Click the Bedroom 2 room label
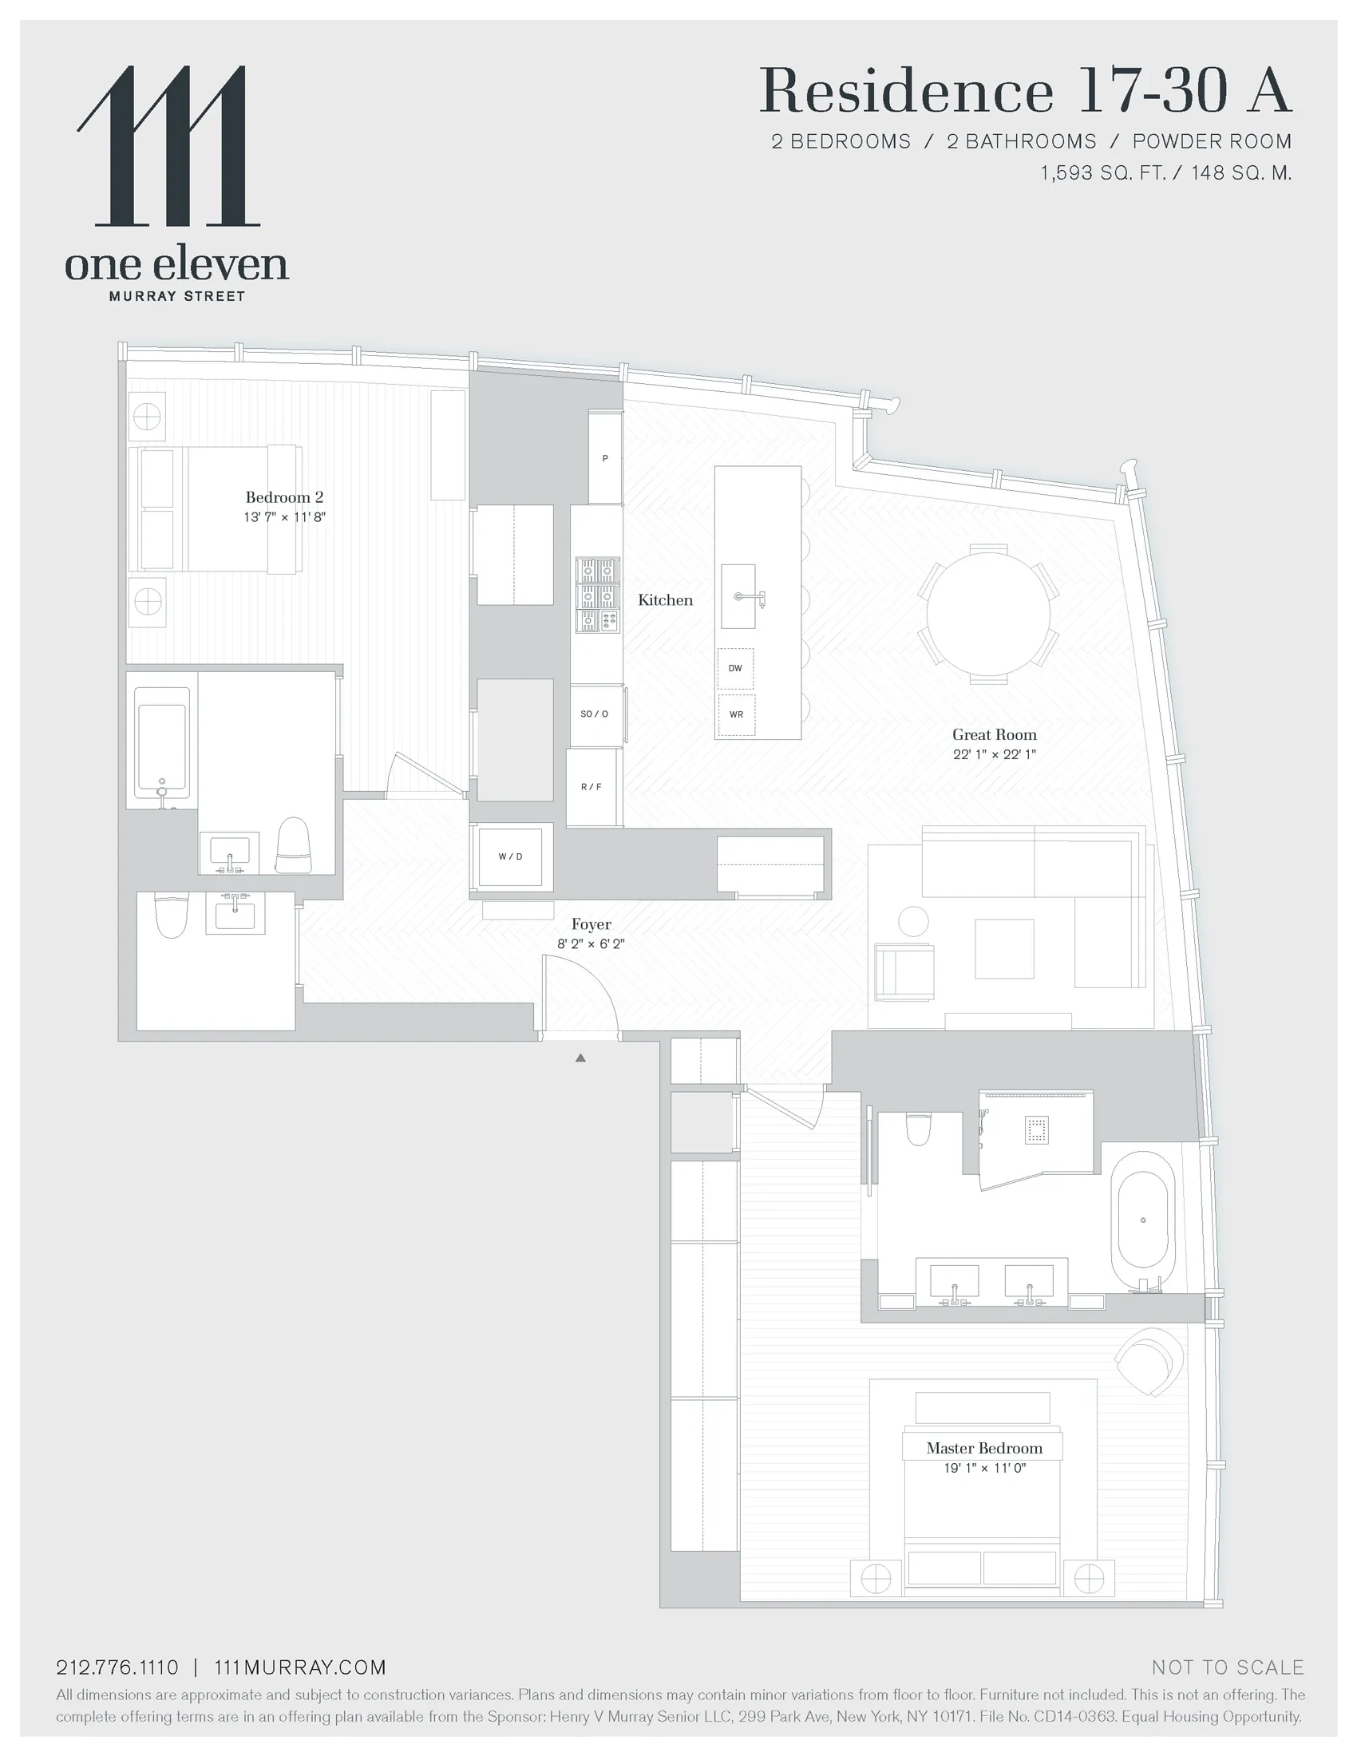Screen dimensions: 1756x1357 click(284, 497)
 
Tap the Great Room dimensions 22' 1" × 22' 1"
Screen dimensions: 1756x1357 click(994, 754)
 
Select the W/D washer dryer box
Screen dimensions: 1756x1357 click(511, 856)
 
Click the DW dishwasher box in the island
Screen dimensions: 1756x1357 click(736, 668)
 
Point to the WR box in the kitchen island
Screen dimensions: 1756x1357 click(736, 714)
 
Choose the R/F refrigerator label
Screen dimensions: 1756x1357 click(591, 786)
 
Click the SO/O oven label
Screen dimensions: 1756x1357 click(595, 714)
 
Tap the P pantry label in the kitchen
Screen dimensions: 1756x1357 click(605, 458)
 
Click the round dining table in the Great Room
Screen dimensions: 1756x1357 click(988, 614)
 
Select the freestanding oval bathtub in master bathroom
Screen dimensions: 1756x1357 click(1142, 1220)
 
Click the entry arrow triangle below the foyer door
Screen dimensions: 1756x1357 click(580, 1058)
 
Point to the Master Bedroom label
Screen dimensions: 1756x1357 click(984, 1448)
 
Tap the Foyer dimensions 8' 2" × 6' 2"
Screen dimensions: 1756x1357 click(591, 944)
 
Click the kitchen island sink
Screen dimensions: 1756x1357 click(738, 596)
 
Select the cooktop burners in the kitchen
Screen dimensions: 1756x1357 click(597, 595)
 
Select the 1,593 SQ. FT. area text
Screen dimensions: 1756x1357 click(1102, 173)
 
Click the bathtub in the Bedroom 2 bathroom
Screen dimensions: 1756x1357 click(162, 747)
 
